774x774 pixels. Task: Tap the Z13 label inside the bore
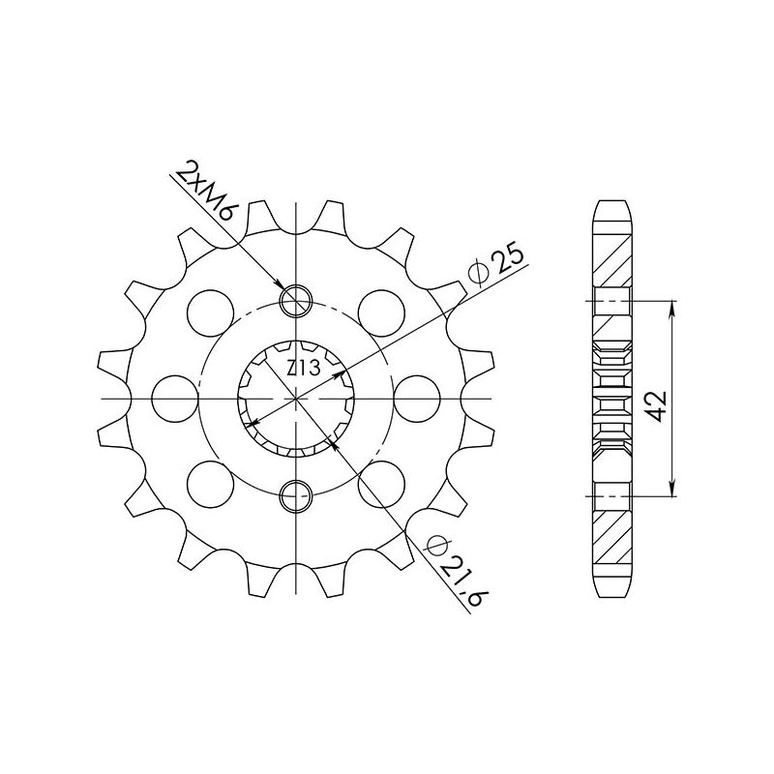click(x=300, y=367)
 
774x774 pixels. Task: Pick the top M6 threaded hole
click(x=296, y=301)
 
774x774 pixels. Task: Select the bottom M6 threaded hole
click(x=296, y=496)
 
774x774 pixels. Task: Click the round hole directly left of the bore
click(x=173, y=399)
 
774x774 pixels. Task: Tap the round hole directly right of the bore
click(x=418, y=399)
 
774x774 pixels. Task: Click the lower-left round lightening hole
click(x=209, y=485)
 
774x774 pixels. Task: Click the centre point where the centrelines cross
click(x=296, y=399)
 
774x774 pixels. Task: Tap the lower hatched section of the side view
click(x=611, y=542)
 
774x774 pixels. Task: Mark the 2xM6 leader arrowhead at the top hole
click(x=284, y=289)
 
